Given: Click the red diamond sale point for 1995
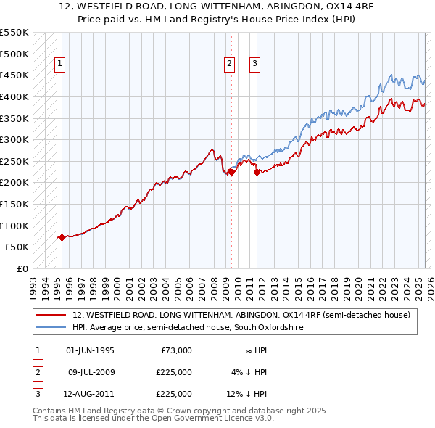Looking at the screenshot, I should click(62, 237).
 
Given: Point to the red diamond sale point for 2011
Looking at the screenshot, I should click(257, 172).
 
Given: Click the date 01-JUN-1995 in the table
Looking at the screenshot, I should click(90, 350).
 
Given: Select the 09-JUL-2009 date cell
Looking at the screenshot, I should click(90, 372).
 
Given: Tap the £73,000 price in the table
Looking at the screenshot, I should click(176, 350).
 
